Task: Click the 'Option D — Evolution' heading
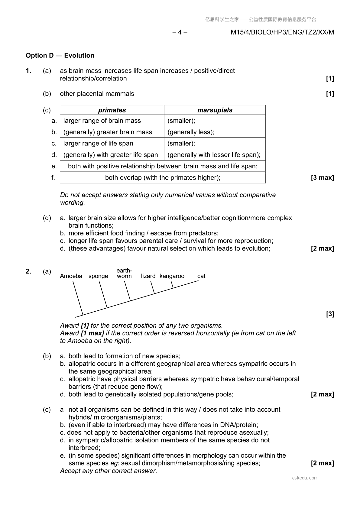60,56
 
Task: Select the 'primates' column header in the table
112,110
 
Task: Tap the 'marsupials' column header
215,110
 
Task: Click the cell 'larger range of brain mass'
102,121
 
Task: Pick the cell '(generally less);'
191,132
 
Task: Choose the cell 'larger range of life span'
98,143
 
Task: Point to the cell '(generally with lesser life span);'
214,155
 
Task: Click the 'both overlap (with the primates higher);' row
163,177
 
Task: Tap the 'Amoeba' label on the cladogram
71,276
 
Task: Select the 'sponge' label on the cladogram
98,276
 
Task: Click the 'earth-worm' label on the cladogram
124,273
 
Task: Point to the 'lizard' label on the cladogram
148,276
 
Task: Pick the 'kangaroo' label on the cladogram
172,276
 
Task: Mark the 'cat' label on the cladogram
201,276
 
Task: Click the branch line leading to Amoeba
78,298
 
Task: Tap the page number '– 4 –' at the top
180,32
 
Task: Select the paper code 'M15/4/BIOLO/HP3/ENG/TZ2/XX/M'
282,32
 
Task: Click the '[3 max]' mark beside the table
322,177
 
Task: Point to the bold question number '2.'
28,271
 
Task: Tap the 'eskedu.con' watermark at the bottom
304,478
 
